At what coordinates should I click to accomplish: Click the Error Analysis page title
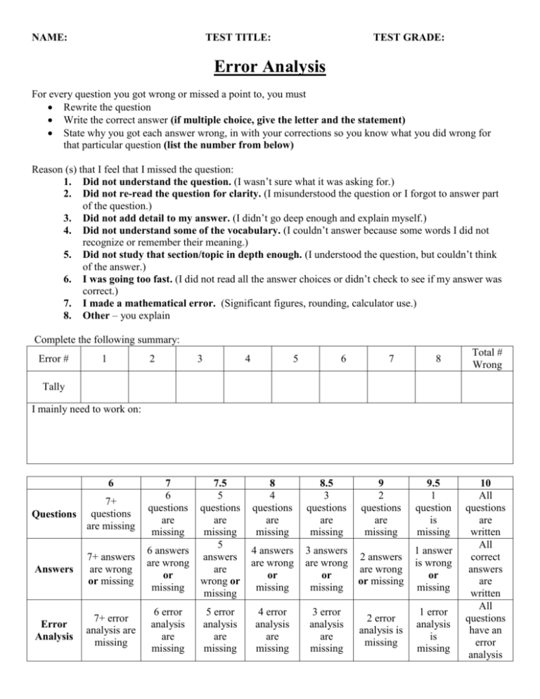pyautogui.click(x=270, y=68)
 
